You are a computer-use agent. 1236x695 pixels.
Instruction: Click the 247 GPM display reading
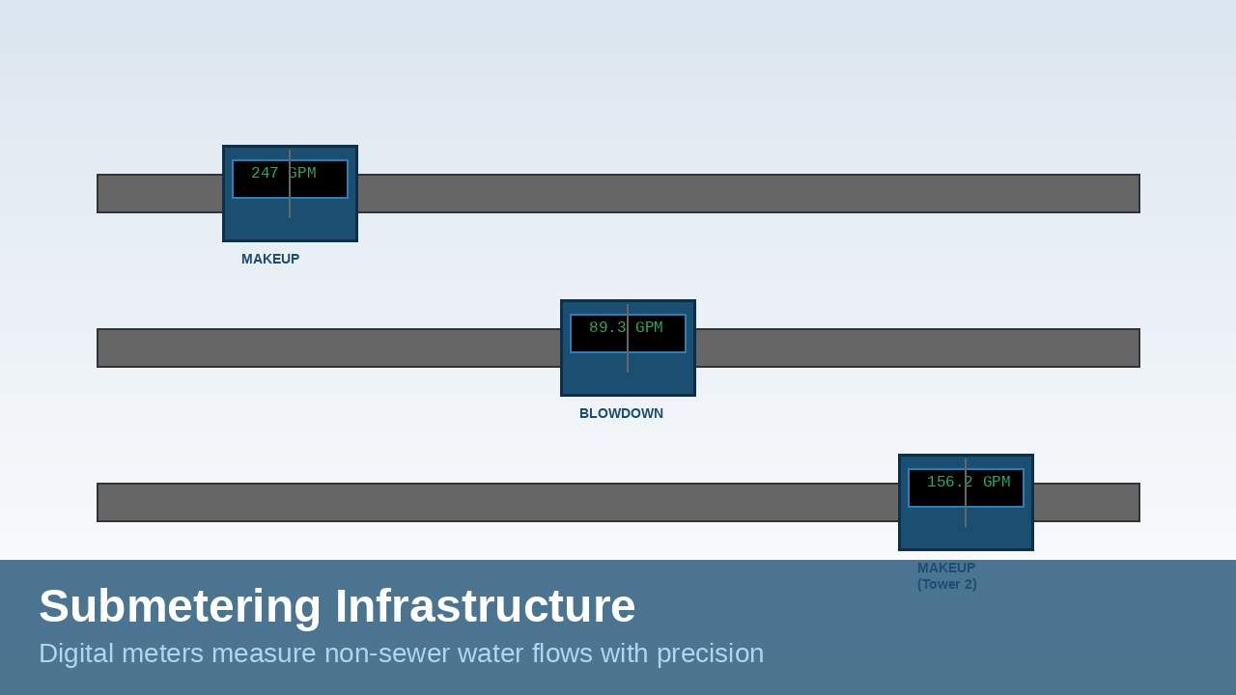pos(284,175)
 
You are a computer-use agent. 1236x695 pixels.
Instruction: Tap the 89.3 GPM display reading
pos(626,329)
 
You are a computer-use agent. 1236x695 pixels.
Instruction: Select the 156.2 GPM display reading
pos(969,484)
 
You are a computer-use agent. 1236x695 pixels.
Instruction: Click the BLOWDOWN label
pos(621,413)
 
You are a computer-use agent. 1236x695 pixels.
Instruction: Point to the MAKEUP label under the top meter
pos(270,259)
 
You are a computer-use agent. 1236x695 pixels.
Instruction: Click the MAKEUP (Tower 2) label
pos(946,575)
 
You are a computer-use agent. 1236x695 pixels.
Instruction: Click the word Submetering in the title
pos(180,606)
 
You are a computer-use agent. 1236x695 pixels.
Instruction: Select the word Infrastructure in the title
pos(485,606)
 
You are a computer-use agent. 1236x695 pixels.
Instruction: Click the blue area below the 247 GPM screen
pos(290,221)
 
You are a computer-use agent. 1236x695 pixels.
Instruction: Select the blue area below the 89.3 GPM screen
pos(628,375)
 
